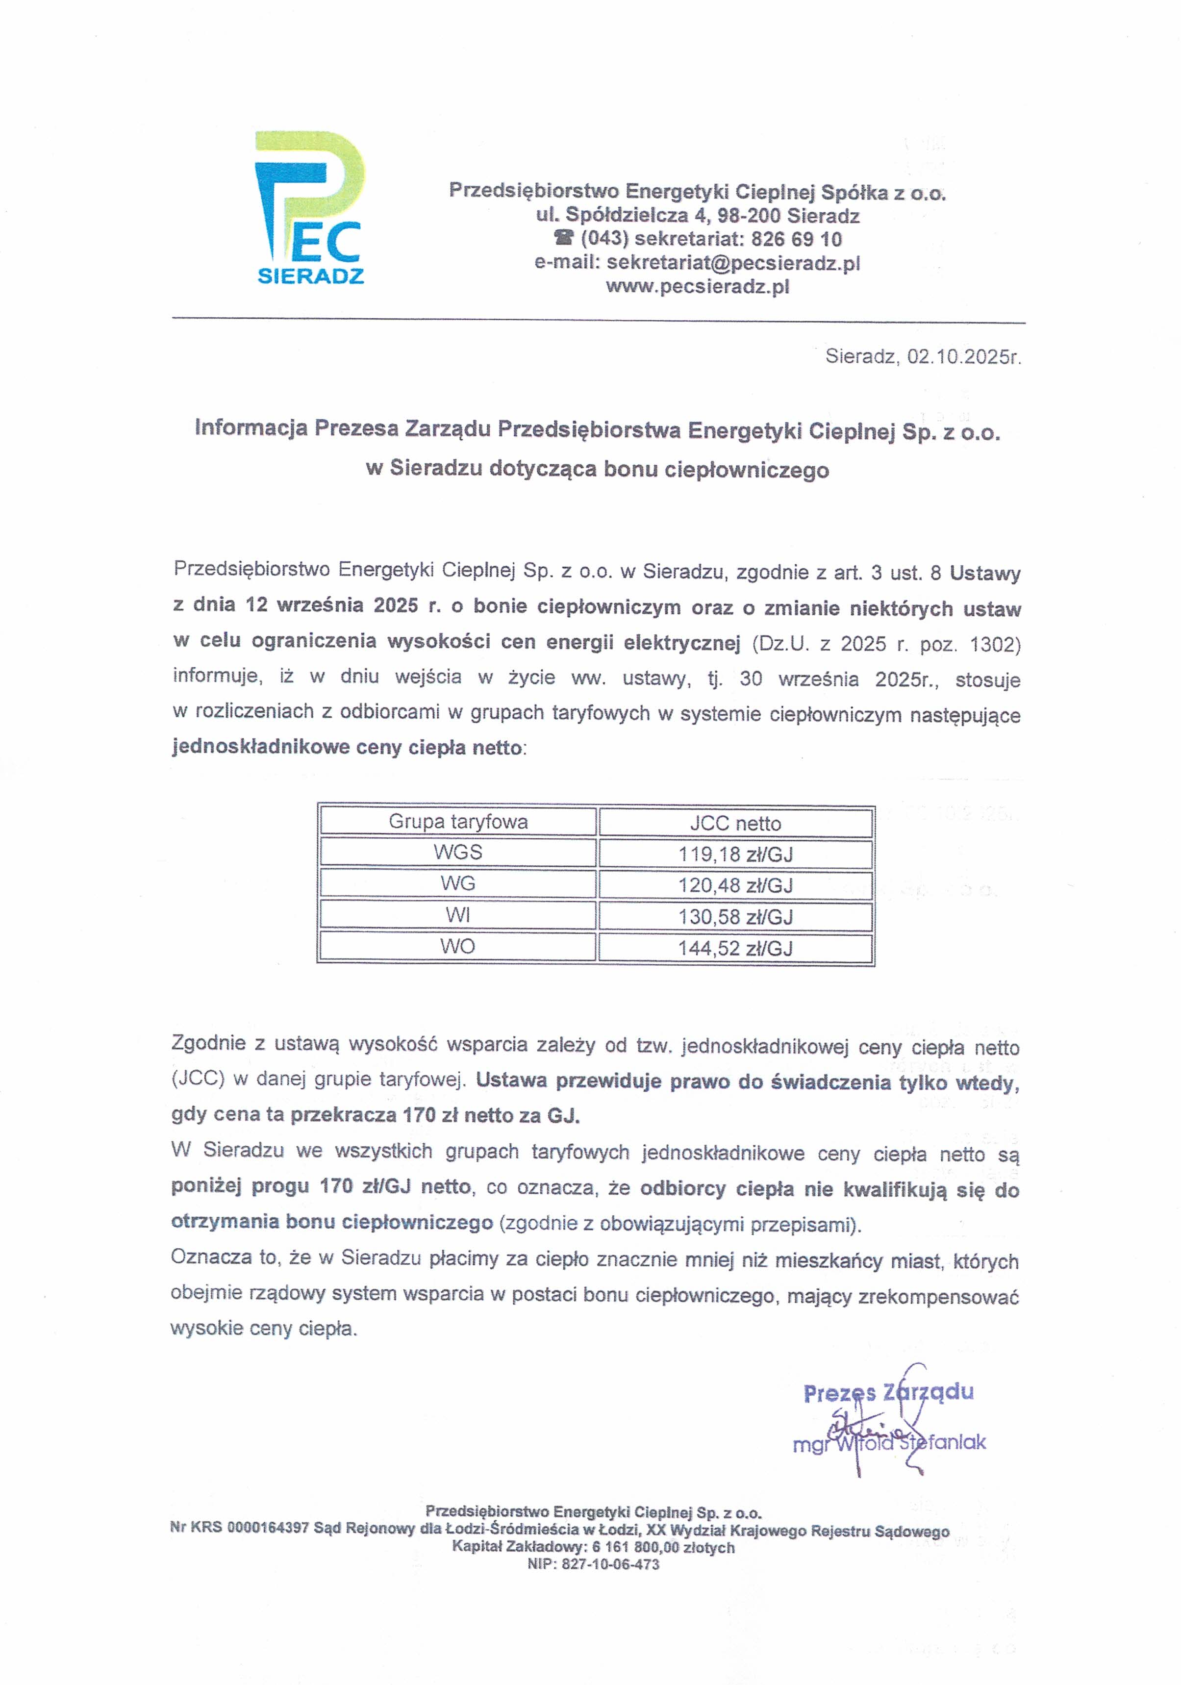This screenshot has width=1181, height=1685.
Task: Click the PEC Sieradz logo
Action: tap(310, 208)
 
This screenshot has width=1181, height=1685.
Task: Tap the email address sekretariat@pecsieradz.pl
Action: tap(733, 263)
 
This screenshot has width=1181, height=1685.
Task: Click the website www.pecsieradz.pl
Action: tap(697, 286)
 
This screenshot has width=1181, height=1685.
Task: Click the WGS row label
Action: tap(458, 852)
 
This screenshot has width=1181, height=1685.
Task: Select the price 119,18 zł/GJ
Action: tap(735, 854)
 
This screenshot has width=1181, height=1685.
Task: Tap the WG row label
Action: tap(458, 883)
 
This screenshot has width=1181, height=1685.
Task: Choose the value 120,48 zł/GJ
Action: tap(735, 885)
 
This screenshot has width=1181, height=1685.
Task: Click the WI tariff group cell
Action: tap(458, 915)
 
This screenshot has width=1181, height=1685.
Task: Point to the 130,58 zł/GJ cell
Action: tap(735, 917)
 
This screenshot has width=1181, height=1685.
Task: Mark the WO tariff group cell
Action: tap(458, 946)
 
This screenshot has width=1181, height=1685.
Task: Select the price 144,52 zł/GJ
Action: tap(735, 948)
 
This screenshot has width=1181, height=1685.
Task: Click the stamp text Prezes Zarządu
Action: tap(888, 1393)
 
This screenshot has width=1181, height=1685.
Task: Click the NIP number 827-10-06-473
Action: tap(611, 1564)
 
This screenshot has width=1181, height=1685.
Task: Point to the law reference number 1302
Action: tap(995, 644)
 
